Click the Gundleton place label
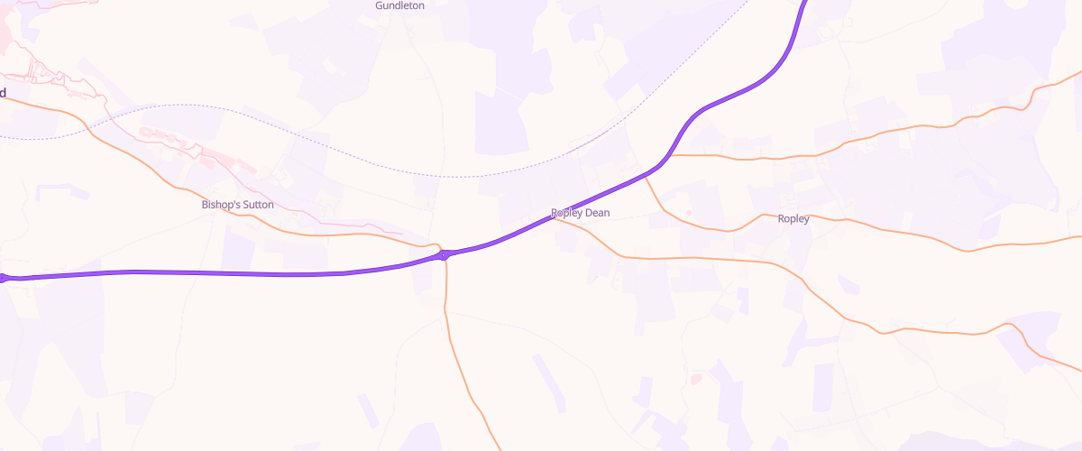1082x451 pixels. [399, 5]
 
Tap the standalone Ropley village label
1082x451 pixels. [793, 219]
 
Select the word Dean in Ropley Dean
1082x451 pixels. [596, 214]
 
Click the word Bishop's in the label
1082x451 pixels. [218, 206]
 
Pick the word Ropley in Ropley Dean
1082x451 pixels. [566, 214]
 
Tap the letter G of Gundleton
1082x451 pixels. [379, 5]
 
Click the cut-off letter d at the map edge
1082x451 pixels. [3, 92]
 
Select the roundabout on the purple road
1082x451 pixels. [445, 255]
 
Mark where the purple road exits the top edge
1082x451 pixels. [804, 3]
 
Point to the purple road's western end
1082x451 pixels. [4, 278]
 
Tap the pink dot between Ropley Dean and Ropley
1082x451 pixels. [689, 213]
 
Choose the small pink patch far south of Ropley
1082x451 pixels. [695, 379]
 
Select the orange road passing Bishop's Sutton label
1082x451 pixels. [180, 189]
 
